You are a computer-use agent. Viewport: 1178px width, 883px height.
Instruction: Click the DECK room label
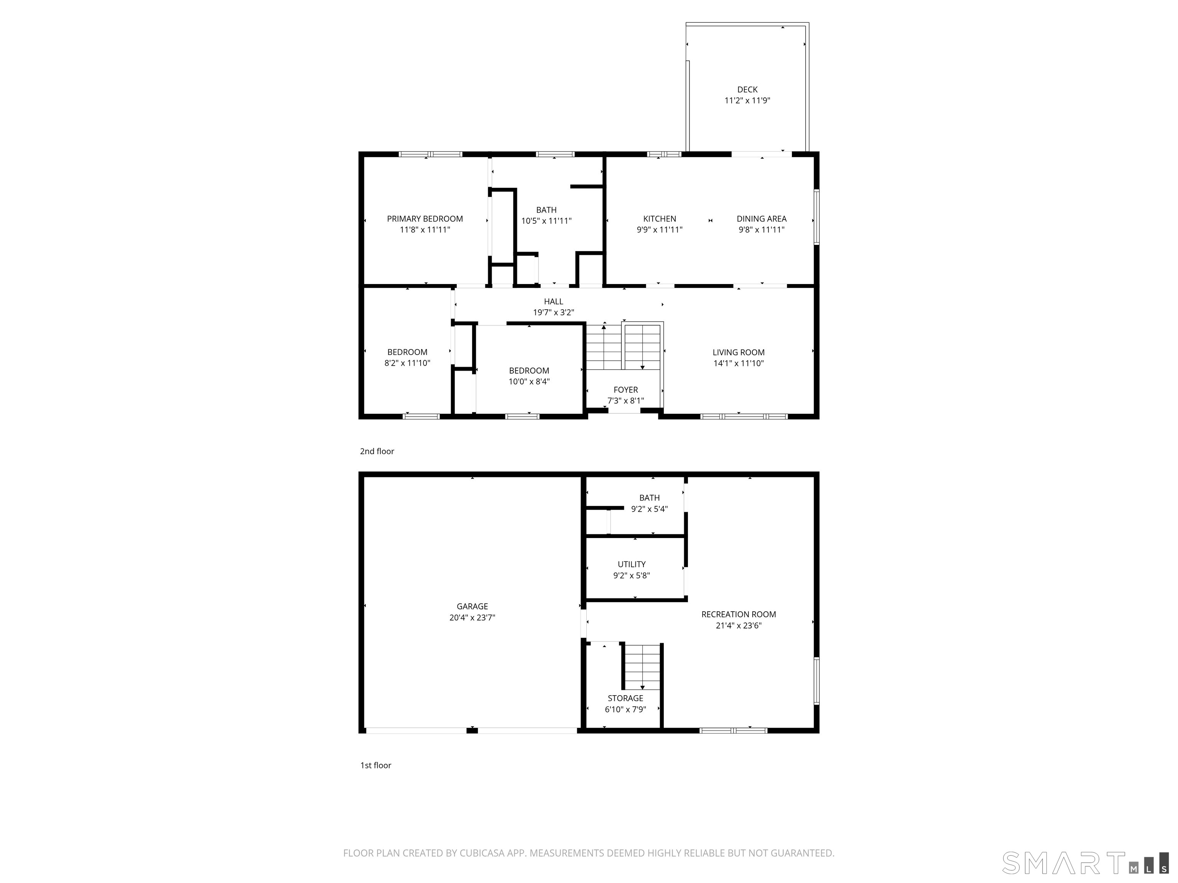pyautogui.click(x=747, y=89)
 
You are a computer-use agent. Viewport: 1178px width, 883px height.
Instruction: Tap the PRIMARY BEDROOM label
pyautogui.click(x=425, y=219)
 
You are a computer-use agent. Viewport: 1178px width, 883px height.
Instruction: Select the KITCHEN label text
pyautogui.click(x=659, y=219)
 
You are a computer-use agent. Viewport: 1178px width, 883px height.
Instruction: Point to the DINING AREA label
pyautogui.click(x=762, y=219)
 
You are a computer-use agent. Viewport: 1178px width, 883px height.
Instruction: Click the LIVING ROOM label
pyautogui.click(x=739, y=352)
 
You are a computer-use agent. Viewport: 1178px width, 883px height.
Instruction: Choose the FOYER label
pyautogui.click(x=626, y=390)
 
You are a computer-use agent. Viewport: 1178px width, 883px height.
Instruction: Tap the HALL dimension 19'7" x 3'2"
pyautogui.click(x=554, y=312)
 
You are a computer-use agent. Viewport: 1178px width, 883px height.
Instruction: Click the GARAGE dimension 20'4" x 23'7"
pyautogui.click(x=472, y=617)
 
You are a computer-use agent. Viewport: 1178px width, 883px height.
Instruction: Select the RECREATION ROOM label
pyautogui.click(x=739, y=614)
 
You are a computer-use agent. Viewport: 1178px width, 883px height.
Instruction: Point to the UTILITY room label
pyautogui.click(x=632, y=564)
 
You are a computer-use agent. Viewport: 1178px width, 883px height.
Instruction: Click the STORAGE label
pyautogui.click(x=626, y=698)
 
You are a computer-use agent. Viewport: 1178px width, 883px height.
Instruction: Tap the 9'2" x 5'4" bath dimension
pyautogui.click(x=649, y=509)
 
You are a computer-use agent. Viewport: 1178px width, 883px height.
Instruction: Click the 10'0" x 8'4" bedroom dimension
pyautogui.click(x=529, y=382)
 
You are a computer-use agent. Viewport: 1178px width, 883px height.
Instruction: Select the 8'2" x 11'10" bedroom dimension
pyautogui.click(x=407, y=363)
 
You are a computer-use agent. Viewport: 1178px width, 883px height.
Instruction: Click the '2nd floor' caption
pyautogui.click(x=377, y=451)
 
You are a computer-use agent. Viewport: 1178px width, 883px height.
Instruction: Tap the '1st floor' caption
pyautogui.click(x=375, y=765)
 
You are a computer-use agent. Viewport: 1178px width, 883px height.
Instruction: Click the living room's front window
pyautogui.click(x=744, y=416)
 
